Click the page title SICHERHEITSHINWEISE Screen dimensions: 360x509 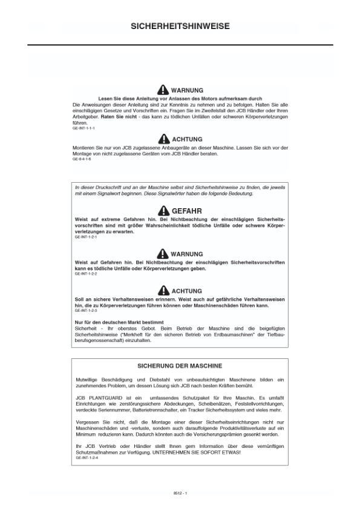[x=180, y=27]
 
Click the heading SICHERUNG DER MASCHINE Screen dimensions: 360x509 [x=180, y=366]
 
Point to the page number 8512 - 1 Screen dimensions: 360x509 [x=180, y=493]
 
